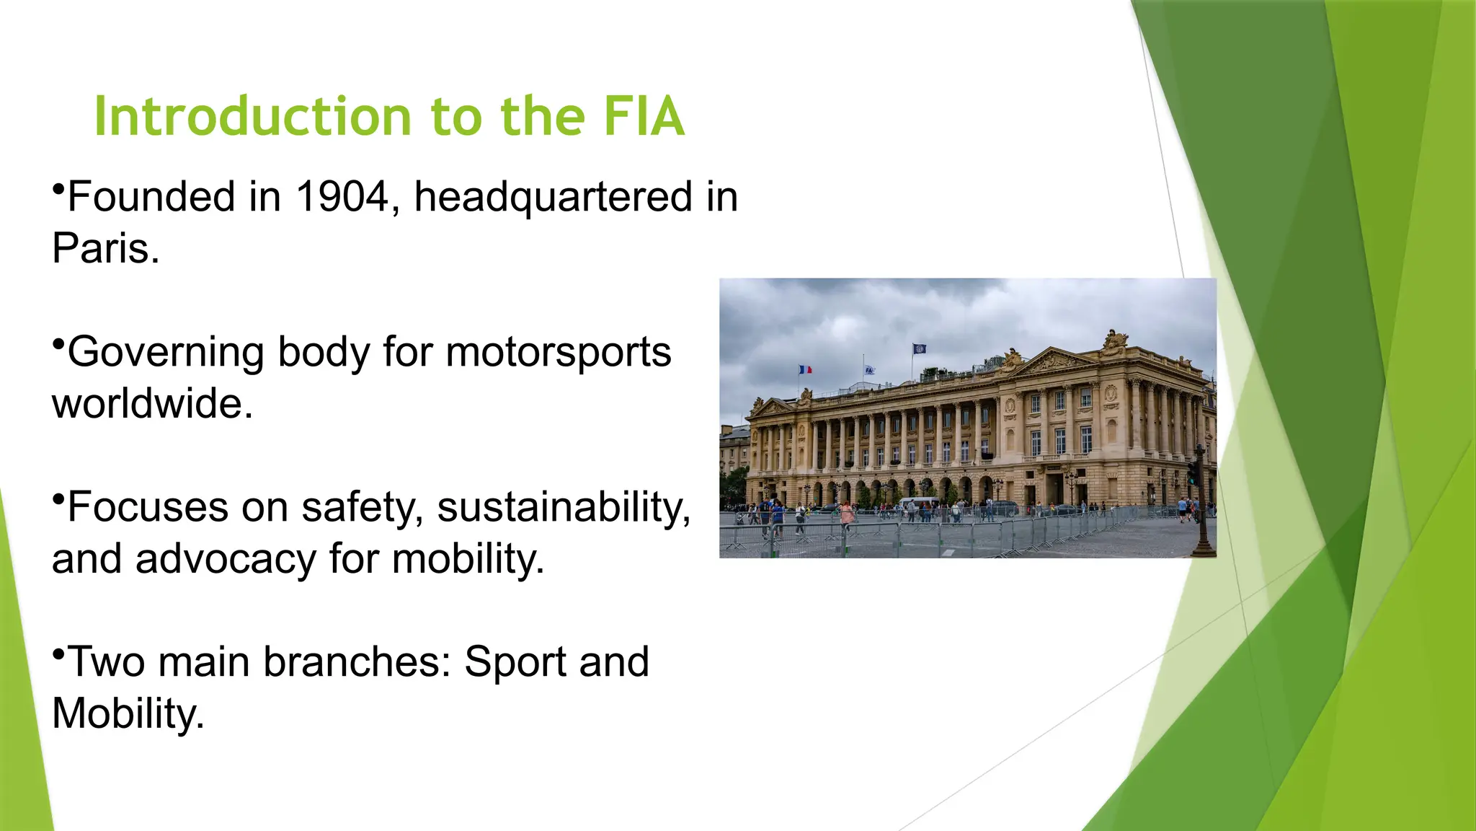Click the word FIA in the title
(x=643, y=117)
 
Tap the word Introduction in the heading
(x=252, y=117)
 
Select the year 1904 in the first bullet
(x=342, y=197)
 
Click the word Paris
(x=105, y=249)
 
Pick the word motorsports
(x=559, y=353)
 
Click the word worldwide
(x=152, y=403)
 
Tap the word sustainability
(x=564, y=507)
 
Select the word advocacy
(x=226, y=559)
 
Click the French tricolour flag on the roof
(x=805, y=369)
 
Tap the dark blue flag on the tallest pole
(x=920, y=349)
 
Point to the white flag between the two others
(x=870, y=370)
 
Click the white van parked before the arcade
(x=919, y=502)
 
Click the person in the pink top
(x=847, y=514)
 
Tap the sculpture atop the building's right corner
(x=1116, y=339)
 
